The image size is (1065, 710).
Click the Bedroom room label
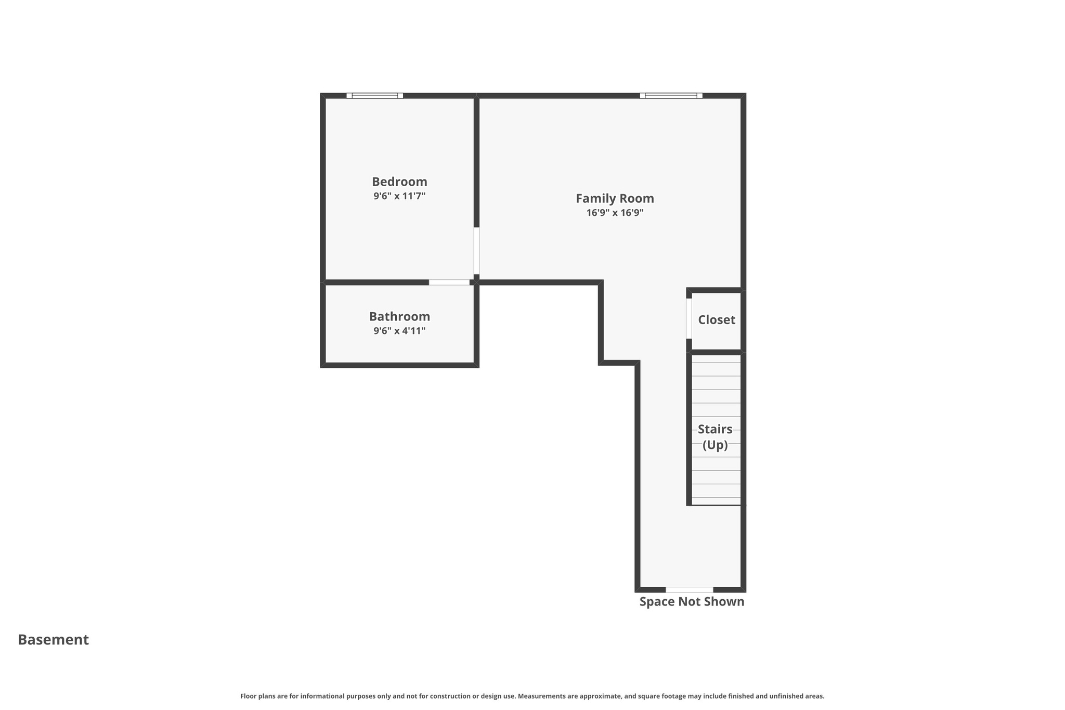click(x=399, y=182)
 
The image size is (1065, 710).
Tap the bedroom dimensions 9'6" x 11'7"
click(x=399, y=196)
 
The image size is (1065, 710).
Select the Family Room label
click(x=615, y=198)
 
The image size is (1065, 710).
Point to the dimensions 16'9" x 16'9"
click(x=615, y=213)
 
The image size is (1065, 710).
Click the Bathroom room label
click(x=399, y=316)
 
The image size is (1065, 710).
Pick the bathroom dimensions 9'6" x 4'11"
click(x=399, y=331)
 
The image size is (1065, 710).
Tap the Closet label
click(x=716, y=320)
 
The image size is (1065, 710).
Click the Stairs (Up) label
click(x=715, y=437)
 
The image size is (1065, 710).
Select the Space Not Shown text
click(x=692, y=602)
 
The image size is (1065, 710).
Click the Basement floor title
click(x=54, y=640)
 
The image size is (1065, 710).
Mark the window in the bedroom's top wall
click(x=375, y=96)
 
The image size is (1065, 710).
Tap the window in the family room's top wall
click(x=671, y=96)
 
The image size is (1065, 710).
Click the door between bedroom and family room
click(x=476, y=251)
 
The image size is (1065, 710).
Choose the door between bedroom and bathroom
click(x=449, y=282)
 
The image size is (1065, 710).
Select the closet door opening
click(x=689, y=318)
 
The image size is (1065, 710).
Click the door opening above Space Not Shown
click(x=689, y=589)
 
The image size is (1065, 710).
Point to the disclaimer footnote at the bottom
click(x=532, y=696)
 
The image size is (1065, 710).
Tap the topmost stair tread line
click(x=716, y=363)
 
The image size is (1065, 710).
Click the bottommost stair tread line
click(x=716, y=498)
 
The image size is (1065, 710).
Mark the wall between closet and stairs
click(x=716, y=352)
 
